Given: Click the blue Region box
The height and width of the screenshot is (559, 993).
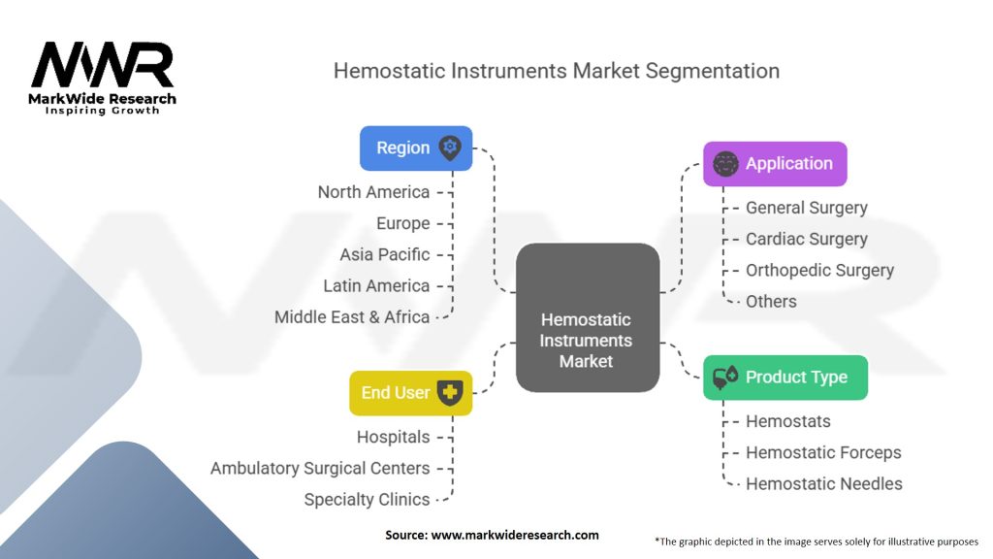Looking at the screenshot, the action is [x=416, y=148].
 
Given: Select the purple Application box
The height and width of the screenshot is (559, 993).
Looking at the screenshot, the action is [x=775, y=164].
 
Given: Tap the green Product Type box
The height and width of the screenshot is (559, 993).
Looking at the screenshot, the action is [x=785, y=378].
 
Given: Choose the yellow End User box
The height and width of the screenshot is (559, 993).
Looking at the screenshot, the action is [x=410, y=393].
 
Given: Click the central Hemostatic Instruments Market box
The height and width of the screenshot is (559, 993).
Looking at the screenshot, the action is [x=588, y=317].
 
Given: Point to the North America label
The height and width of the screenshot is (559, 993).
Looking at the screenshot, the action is [x=373, y=192].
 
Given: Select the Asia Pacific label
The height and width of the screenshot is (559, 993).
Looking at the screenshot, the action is [x=384, y=255].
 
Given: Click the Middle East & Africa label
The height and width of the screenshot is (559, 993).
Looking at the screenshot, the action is [x=351, y=317].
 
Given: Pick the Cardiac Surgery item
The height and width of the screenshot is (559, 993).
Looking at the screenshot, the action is [x=806, y=240].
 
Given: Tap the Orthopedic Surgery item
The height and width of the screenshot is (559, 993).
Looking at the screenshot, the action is [x=819, y=271].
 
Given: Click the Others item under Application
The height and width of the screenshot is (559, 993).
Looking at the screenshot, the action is [x=771, y=302].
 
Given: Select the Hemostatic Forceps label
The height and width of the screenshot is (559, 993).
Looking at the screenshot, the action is [x=823, y=452].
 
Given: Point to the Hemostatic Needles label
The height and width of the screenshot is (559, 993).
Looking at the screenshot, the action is [x=824, y=484].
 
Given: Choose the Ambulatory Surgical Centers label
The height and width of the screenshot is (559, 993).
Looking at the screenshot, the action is [x=320, y=469].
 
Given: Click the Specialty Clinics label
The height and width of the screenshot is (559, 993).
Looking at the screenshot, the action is [x=367, y=500].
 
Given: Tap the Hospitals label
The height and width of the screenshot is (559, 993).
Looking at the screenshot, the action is [x=393, y=437].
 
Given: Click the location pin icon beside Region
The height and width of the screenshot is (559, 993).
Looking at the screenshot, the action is [x=450, y=148].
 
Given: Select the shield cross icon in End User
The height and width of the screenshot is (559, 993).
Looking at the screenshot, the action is [x=450, y=393].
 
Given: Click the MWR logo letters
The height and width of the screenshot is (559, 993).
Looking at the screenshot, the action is [x=102, y=65].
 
